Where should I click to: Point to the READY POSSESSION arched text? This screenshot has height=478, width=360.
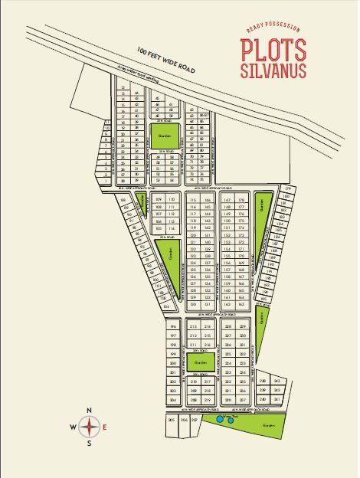point(273,29)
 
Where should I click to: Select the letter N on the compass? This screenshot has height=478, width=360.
point(90,411)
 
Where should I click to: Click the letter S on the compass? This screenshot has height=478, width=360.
point(90,442)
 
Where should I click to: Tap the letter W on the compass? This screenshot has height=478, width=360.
point(74,427)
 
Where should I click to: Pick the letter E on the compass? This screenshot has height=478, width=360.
point(105,427)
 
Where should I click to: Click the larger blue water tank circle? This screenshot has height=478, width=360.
point(221,420)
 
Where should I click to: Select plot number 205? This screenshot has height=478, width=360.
point(171,421)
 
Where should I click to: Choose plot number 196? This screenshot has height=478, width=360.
point(173,326)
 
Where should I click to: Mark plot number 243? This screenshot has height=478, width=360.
point(277,381)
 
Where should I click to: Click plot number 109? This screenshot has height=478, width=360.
point(159,199)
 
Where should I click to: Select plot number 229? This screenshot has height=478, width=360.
point(243,327)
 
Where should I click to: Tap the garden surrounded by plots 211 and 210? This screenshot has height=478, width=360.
point(201,362)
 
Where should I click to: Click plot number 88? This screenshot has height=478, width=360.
point(124,200)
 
